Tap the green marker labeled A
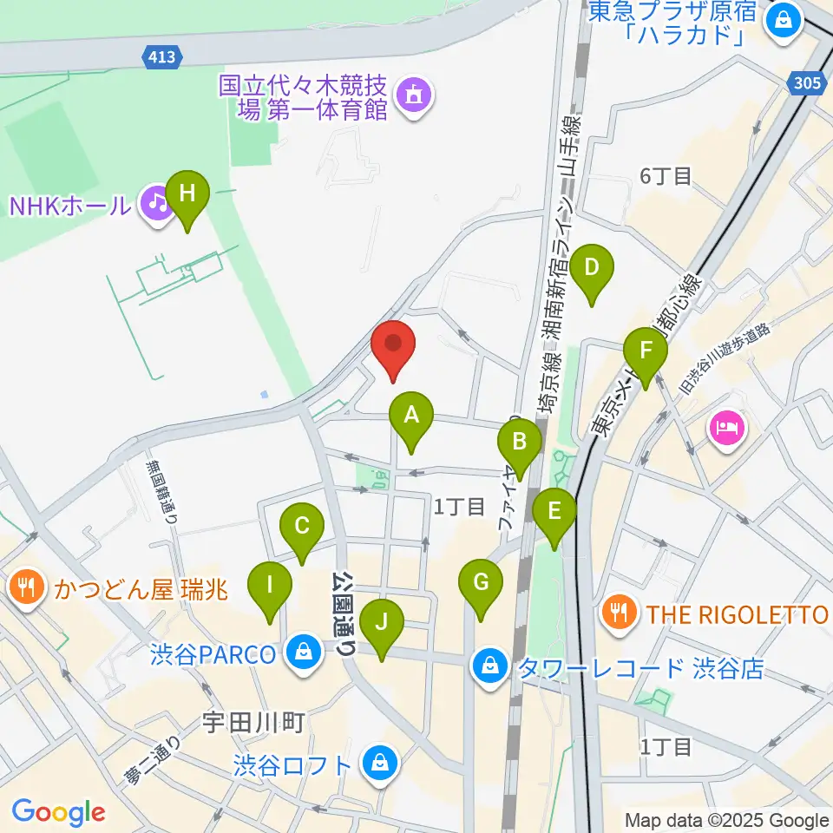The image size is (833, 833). pos(410,417)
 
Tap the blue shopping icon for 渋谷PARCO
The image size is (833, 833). pos(305,654)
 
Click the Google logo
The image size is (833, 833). pos(58,812)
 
